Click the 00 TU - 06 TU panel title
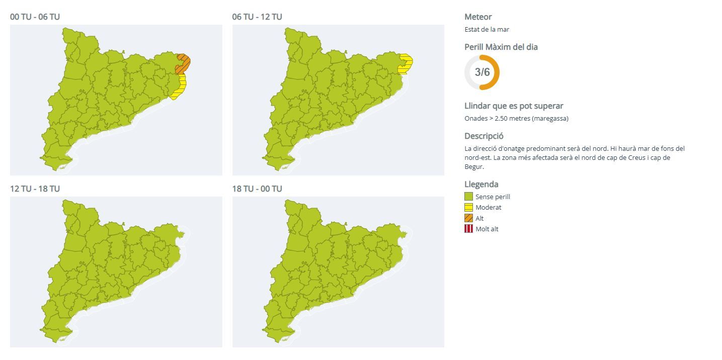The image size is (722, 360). [35, 17]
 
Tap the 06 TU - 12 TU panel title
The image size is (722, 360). [257, 17]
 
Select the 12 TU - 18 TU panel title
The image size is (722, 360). [35, 189]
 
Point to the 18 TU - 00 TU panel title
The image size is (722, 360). [257, 189]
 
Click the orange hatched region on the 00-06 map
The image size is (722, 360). [183, 63]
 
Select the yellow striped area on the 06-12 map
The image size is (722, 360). [406, 64]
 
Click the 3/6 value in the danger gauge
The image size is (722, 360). [482, 72]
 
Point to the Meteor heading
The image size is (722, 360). [478, 17]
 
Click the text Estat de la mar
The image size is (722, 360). [487, 29]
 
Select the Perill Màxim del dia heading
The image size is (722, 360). [501, 47]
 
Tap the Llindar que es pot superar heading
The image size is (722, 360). [514, 106]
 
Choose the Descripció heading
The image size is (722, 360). [484, 136]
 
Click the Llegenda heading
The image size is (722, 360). [481, 184]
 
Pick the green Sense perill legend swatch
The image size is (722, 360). [468, 197]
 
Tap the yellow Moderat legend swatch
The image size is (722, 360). [468, 207]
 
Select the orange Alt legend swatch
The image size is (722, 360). [468, 218]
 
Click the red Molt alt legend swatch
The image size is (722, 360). [468, 229]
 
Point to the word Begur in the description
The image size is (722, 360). [473, 166]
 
